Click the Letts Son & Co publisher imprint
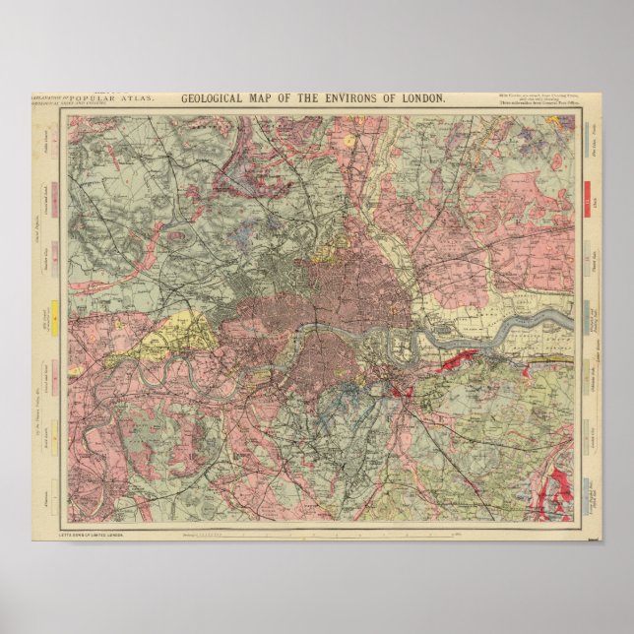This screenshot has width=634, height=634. (98, 533)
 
